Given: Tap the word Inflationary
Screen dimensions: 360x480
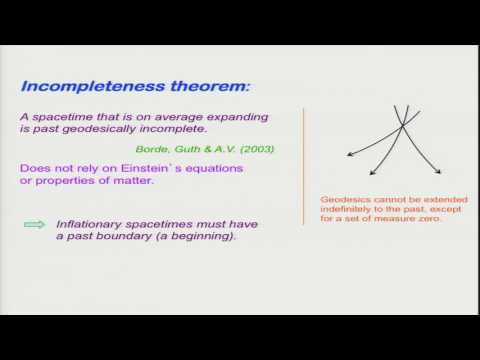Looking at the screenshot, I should point(90,227).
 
